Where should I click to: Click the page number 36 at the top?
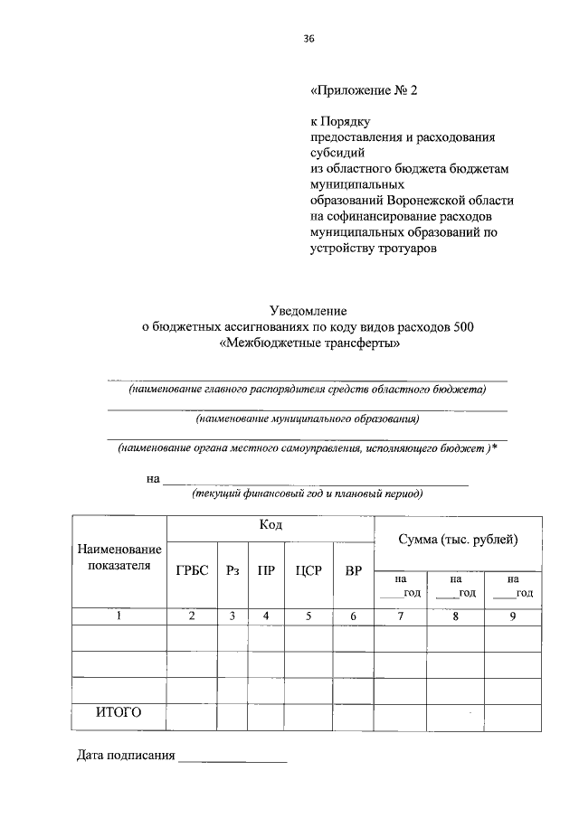pos(308,38)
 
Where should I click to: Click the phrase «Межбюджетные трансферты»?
pos(308,343)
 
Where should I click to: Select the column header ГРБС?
pos(192,570)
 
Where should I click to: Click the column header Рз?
pos(233,570)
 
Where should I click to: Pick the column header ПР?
pos(266,570)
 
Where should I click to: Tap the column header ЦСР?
pos(308,570)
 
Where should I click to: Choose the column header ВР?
pos(354,570)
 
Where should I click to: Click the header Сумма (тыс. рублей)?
pos(458,540)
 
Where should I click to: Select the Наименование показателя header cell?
pos(119,557)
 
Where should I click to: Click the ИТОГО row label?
pos(119,712)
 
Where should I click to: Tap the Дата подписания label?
pos(125,756)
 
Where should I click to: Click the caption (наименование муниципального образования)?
pos(308,418)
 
